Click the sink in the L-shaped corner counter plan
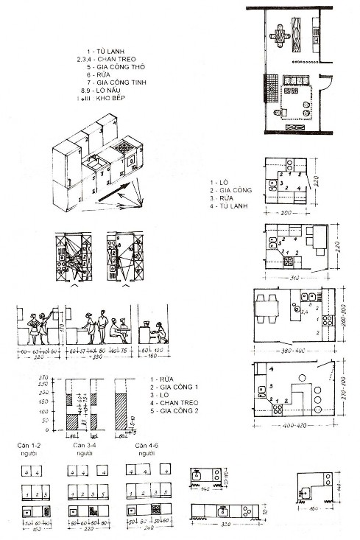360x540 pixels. click(x=303, y=491)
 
